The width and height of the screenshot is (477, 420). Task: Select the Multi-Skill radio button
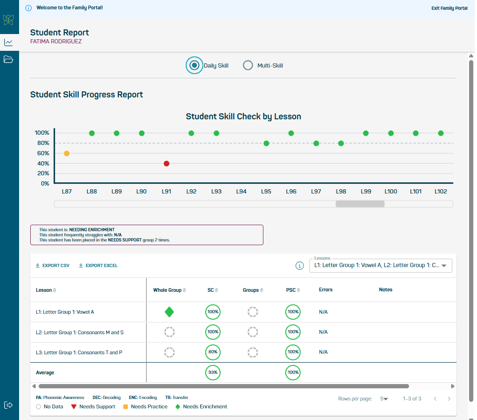coord(248,66)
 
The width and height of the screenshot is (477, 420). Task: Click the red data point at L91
coord(167,164)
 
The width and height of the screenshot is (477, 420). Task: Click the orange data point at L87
coord(67,153)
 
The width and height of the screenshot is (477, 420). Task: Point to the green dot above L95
coord(266,143)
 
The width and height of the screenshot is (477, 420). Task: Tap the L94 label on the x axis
coord(241,191)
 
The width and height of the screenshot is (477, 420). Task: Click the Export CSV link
coord(53,266)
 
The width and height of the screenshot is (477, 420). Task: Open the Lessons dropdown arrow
coord(443,266)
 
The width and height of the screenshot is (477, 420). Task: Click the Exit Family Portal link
coord(449,8)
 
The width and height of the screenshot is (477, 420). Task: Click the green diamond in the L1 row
coord(169,312)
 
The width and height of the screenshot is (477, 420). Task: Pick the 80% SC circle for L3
coord(213,352)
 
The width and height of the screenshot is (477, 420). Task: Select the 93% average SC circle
coord(213,373)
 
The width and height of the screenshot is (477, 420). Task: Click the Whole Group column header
coord(167,290)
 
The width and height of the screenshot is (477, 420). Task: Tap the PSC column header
coord(291,290)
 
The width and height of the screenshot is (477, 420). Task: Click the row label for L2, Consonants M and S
coord(80,332)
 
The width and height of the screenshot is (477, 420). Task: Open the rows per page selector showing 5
coord(383,399)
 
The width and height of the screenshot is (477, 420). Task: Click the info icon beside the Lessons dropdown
coord(300,266)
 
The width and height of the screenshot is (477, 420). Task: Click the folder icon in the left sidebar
coord(8,60)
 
